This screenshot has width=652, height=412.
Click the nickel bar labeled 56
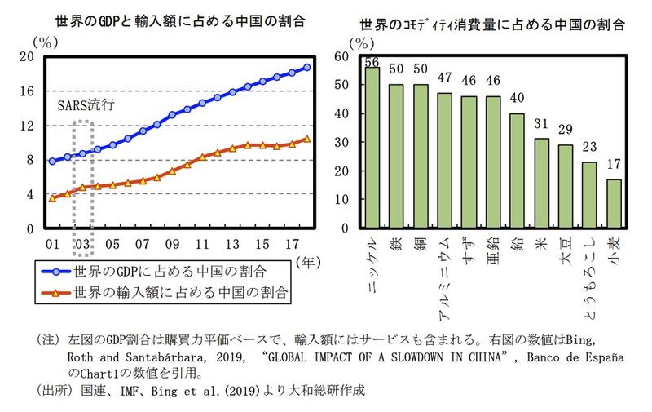(x=372, y=147)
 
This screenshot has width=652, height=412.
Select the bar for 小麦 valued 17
(x=614, y=203)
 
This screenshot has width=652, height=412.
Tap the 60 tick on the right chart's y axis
(x=341, y=56)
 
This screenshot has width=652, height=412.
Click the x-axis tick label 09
(x=172, y=244)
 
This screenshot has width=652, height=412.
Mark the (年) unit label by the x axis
(x=309, y=263)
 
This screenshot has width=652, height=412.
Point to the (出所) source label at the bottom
(x=47, y=391)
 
